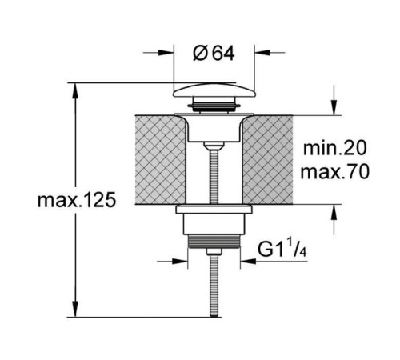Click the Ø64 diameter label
[214, 53]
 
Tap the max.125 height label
[77, 200]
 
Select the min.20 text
[334, 148]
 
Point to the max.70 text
[334, 172]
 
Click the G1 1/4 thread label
[282, 250]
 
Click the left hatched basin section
[160, 160]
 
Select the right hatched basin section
[268, 160]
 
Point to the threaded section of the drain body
[214, 242]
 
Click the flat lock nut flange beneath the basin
[214, 210]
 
